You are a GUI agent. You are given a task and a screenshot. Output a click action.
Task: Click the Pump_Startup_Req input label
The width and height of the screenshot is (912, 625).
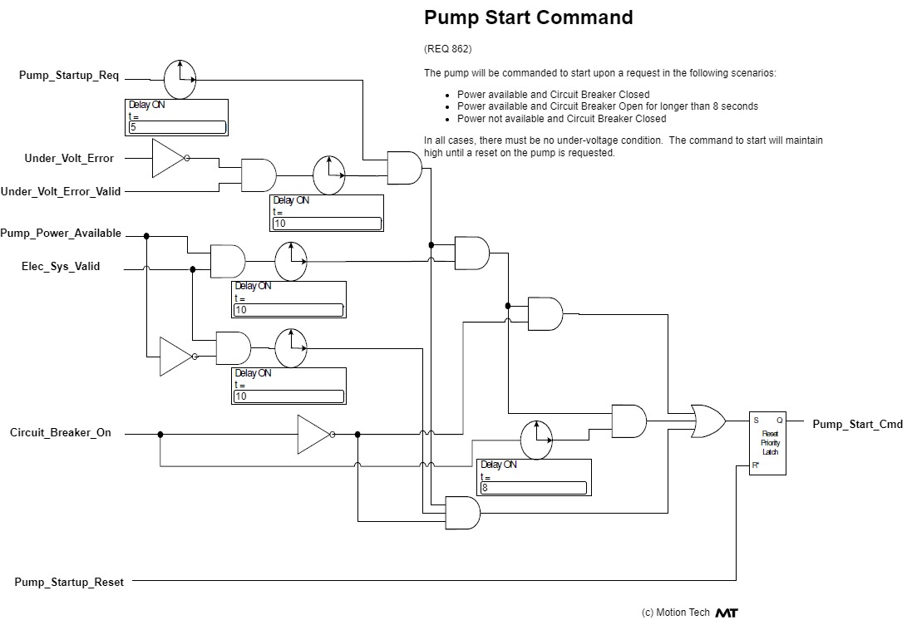tap(69, 76)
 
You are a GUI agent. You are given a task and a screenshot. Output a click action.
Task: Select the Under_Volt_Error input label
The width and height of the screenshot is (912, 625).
tap(69, 158)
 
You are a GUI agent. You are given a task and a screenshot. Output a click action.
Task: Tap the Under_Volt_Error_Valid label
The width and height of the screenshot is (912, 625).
tap(61, 191)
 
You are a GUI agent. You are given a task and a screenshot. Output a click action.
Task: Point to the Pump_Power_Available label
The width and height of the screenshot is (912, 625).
tap(61, 234)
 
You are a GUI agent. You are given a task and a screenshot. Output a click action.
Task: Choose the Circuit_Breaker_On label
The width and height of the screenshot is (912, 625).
tap(61, 433)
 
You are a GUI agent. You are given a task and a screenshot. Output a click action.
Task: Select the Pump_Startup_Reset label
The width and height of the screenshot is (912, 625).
tap(69, 583)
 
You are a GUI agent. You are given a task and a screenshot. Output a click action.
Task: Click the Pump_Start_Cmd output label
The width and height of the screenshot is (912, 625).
tap(857, 425)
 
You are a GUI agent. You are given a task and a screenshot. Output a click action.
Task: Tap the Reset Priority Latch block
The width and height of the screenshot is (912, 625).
tap(767, 443)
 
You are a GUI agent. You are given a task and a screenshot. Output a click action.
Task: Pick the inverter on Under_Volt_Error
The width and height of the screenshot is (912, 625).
tap(170, 158)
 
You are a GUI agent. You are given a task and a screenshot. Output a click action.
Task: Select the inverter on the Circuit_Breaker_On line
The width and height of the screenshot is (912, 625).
tap(314, 434)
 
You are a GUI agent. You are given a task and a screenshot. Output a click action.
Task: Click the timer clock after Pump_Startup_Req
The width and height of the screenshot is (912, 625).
tap(180, 79)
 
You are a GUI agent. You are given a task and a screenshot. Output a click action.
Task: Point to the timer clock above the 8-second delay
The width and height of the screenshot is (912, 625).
tap(537, 438)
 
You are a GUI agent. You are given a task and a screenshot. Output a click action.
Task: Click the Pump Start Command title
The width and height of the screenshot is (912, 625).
tap(528, 17)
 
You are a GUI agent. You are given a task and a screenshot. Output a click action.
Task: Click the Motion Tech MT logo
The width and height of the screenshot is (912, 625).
tap(726, 613)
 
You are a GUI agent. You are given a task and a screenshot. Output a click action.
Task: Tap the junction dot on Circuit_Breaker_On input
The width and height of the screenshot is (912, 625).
tap(160, 434)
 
